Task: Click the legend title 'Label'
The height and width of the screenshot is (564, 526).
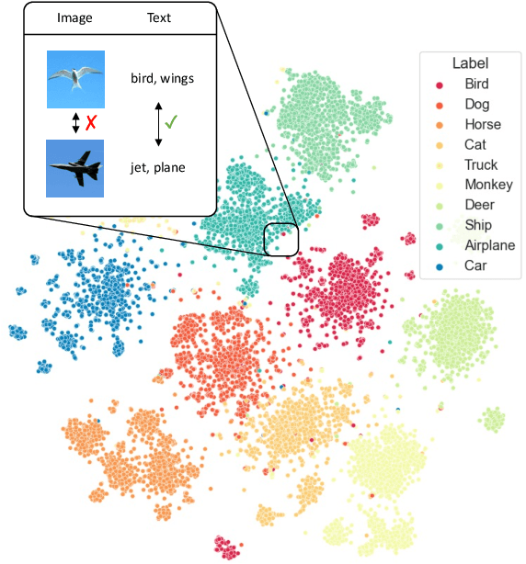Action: click(469, 63)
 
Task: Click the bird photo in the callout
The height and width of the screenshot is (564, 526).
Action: click(75, 80)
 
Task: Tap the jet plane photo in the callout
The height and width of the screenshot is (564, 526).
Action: click(75, 168)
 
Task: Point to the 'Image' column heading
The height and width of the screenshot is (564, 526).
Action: click(74, 17)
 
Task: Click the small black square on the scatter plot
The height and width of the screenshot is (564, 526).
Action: click(280, 239)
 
